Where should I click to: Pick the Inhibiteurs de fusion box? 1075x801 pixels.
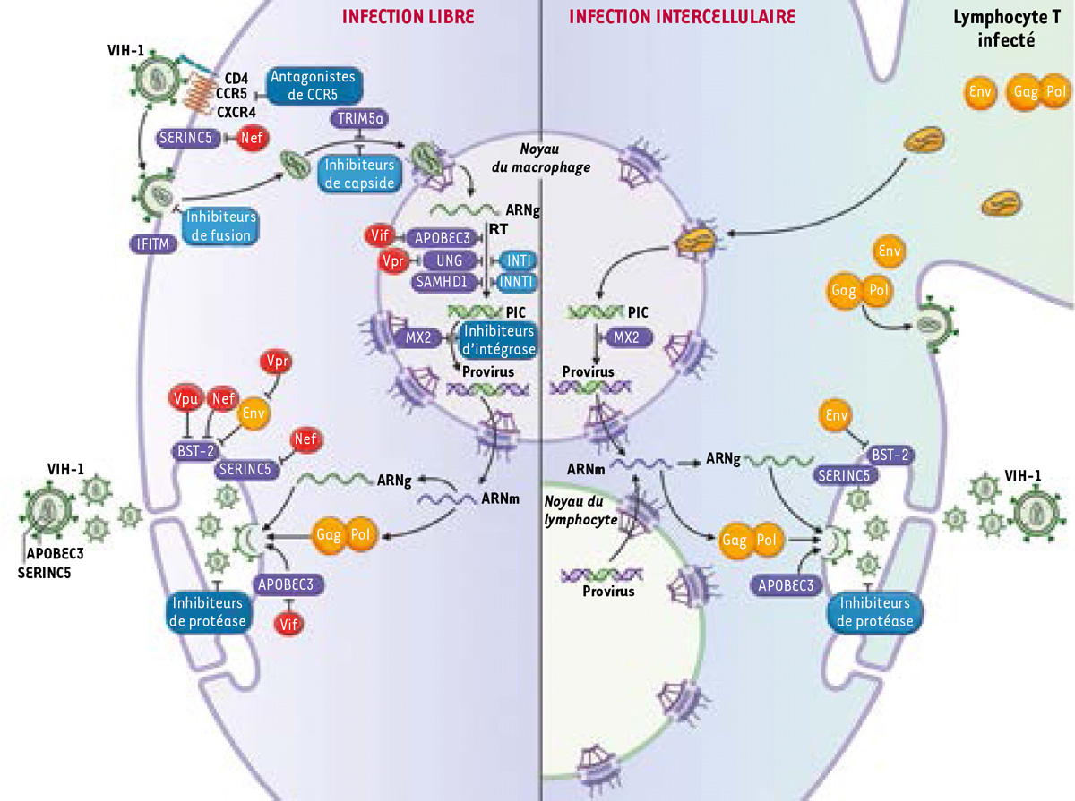220,225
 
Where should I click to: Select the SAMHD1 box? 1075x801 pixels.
438,281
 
